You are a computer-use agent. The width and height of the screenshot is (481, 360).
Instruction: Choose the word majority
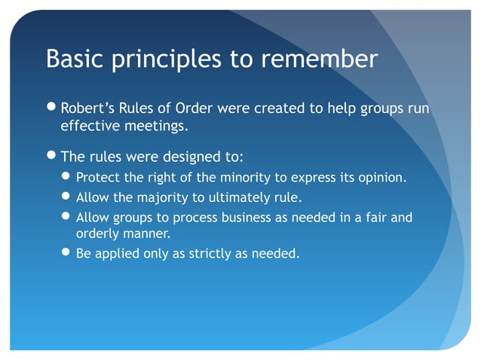click(161, 199)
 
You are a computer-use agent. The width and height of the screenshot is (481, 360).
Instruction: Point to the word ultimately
click(240, 199)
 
